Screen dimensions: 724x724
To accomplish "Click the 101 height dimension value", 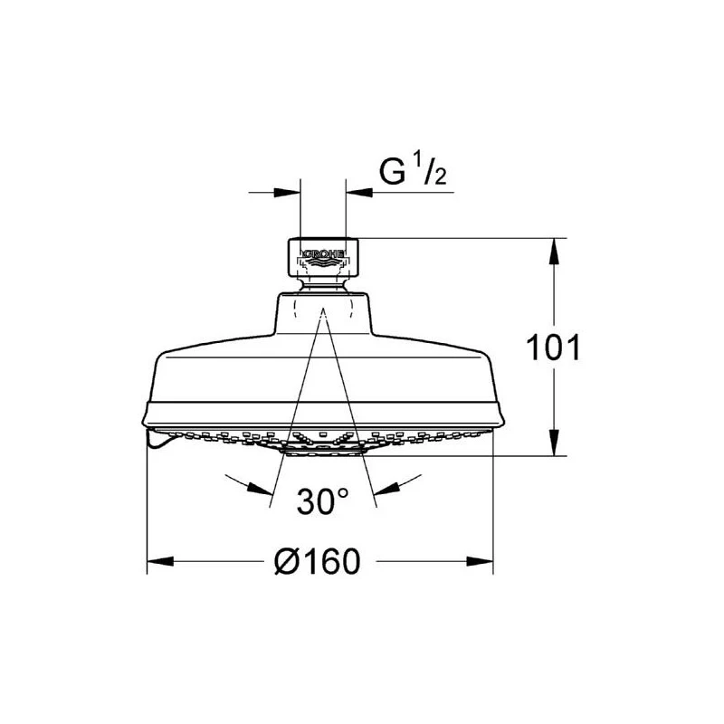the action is point(553,348).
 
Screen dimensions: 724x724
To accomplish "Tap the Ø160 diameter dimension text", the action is point(318,561).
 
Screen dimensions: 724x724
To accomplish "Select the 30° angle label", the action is point(323,501).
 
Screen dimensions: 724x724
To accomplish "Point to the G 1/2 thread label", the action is point(413,170).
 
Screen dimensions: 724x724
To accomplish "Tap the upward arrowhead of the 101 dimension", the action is point(554,252).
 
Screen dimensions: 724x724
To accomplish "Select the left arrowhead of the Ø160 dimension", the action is point(160,561).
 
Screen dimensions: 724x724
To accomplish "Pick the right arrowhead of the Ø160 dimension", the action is point(481,561).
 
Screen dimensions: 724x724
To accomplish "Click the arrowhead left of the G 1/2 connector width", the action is point(287,192).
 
